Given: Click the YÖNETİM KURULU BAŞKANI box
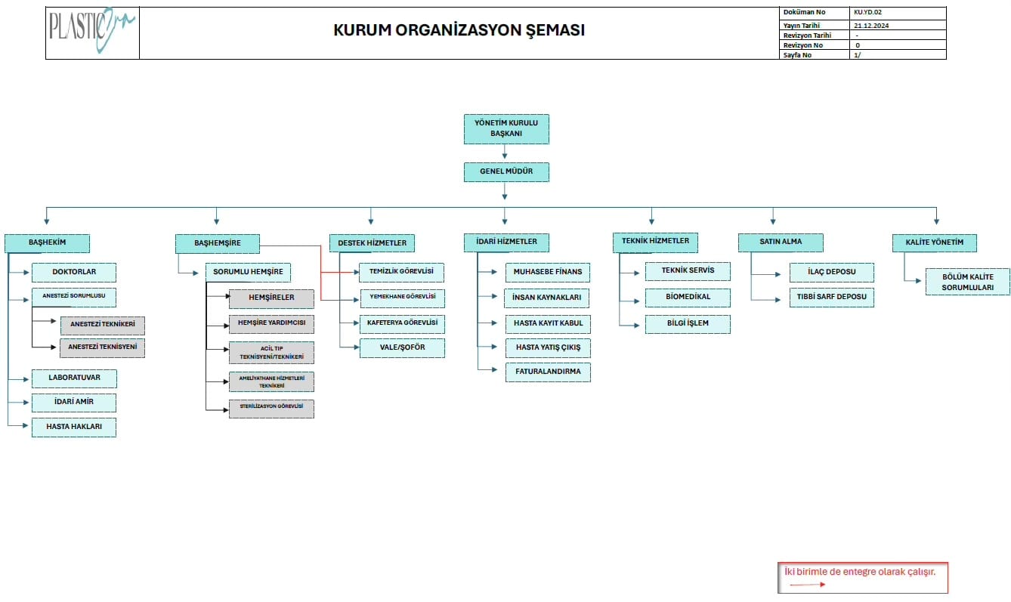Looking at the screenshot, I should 505,128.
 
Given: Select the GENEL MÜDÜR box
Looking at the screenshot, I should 505,172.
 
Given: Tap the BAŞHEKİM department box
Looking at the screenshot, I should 48,242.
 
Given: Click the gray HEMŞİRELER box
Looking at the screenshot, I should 271,298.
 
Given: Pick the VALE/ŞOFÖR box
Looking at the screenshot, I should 402,347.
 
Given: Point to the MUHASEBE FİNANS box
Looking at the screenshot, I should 548,272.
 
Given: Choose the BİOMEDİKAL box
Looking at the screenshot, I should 688,297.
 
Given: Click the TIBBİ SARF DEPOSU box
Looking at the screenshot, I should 831,297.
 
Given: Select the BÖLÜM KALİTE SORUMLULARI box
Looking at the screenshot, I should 967,282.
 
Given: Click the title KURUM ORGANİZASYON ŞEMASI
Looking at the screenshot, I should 459,31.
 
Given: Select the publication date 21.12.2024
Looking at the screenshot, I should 870,25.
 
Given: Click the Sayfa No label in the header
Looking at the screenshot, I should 797,55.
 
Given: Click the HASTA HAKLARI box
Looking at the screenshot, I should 74,427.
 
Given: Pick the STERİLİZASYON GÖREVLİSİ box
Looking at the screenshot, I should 271,408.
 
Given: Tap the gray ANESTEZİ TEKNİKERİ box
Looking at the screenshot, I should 103,325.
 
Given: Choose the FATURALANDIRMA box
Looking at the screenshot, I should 548,372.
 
